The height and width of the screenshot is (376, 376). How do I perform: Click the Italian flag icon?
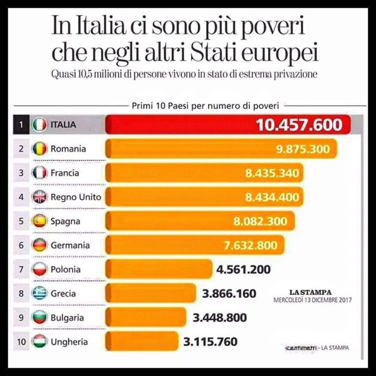(40, 125)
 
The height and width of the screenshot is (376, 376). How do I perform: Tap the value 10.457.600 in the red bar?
(299, 125)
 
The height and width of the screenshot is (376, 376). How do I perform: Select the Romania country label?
(68, 149)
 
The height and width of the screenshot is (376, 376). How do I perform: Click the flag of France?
(40, 173)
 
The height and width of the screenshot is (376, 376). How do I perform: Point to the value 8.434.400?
(272, 197)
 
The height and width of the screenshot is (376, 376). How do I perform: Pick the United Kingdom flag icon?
(40, 197)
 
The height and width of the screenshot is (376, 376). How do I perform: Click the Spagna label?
(65, 221)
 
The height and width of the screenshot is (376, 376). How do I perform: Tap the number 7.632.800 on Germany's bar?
(252, 245)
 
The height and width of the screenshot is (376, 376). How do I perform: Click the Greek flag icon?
(40, 293)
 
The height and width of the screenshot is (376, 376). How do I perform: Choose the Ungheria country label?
(69, 342)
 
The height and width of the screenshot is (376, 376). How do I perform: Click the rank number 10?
(21, 342)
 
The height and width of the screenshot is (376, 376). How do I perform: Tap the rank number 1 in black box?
(21, 125)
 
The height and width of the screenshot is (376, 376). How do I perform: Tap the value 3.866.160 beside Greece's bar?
(229, 293)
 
